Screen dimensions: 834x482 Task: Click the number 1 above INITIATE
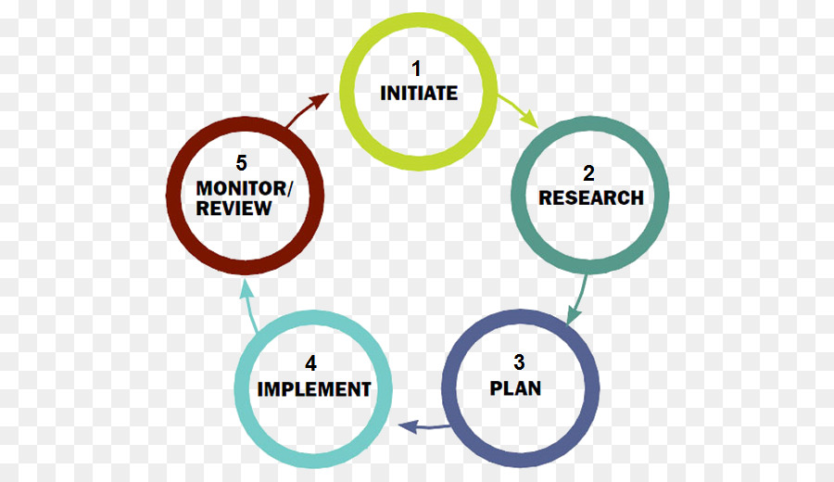416,68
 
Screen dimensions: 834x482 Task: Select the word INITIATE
419,93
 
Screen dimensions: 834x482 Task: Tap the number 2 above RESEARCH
588,173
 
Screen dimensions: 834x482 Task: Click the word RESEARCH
591,198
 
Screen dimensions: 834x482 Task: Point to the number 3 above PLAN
519,362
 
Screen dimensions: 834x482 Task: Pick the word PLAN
515,388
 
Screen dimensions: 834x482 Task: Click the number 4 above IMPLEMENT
310,363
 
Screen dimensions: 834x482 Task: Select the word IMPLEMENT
314,389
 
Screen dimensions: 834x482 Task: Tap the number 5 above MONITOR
242,163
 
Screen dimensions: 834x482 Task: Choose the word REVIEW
234,208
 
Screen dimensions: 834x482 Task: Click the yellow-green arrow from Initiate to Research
518,110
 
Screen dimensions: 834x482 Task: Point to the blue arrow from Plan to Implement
424,426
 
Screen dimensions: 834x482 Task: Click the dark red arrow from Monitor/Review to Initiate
305,109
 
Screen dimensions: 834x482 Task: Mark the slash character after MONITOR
289,189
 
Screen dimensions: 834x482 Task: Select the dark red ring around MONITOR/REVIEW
174,196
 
